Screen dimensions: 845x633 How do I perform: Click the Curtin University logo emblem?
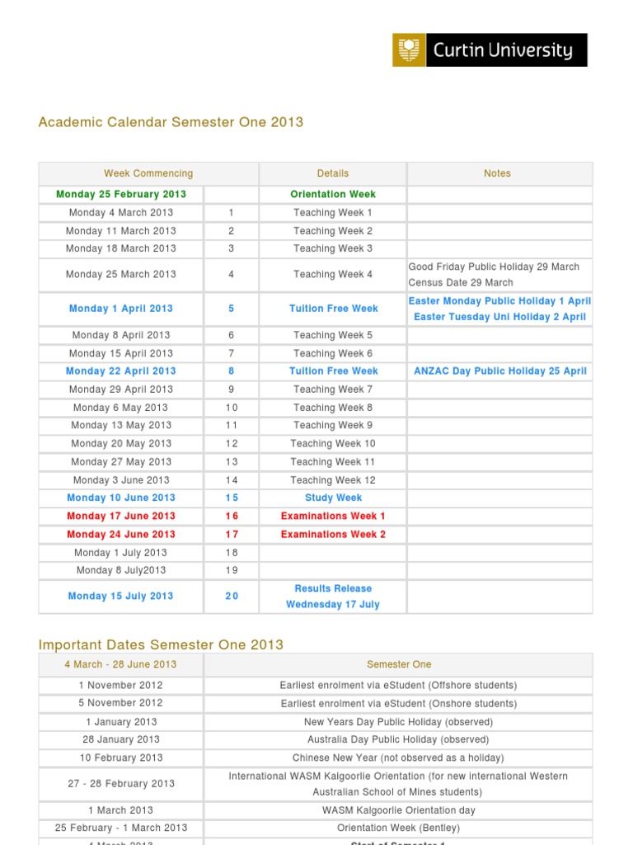(408, 50)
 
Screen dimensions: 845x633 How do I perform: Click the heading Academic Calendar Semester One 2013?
(171, 122)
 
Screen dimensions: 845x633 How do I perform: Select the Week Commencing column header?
(148, 173)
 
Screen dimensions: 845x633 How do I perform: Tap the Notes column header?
(497, 173)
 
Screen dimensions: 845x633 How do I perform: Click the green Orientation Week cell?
(333, 195)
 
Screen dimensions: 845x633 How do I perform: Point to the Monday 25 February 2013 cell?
(121, 195)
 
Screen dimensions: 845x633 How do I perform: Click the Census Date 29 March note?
(461, 282)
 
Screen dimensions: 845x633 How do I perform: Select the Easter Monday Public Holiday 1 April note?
(499, 301)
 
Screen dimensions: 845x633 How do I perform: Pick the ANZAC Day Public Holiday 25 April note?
(499, 371)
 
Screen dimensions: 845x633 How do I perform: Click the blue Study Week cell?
(333, 498)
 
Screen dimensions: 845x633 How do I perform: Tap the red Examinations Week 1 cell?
(333, 517)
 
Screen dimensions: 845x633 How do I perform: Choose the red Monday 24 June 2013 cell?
(121, 535)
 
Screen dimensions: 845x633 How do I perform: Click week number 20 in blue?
(232, 596)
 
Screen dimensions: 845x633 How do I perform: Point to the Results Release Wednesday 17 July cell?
(333, 596)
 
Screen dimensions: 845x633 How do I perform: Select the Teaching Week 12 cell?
(333, 480)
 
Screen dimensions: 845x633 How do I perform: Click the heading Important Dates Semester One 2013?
(161, 645)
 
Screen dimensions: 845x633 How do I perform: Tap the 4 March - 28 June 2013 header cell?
(121, 664)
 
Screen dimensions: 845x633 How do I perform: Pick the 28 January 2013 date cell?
(121, 739)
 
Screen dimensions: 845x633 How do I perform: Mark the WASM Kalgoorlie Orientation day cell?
(399, 810)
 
